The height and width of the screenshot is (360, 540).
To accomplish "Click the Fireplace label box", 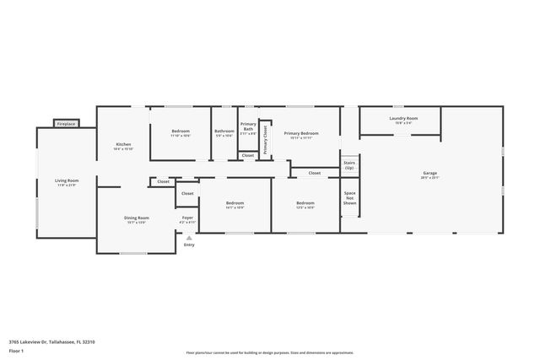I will pos(66,124).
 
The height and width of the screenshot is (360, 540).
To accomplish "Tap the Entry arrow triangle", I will pos(188,237).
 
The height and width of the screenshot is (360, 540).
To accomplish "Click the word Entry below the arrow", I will pos(189,244).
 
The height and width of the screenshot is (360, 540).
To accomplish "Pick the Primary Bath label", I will pos(248,127).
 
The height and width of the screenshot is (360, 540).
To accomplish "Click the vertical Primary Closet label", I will pos(265,137).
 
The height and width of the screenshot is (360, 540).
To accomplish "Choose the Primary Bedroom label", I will pos(301,133).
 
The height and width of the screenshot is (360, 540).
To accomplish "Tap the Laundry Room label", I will pos(403,119).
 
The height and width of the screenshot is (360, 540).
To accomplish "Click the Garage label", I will pos(430,174).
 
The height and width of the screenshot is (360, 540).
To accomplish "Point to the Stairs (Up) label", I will pos(349,165).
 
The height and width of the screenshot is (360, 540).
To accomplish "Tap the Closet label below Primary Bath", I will pos(248,155).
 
